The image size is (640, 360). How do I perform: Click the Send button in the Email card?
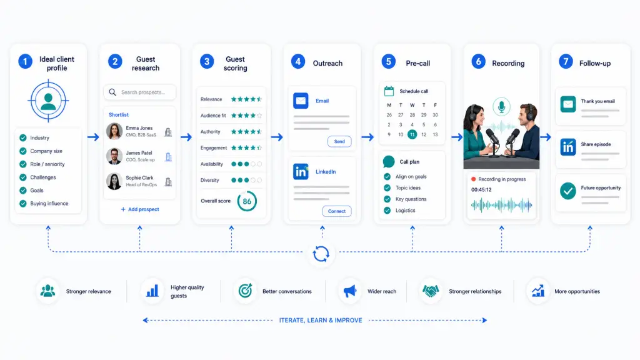coord(339,142)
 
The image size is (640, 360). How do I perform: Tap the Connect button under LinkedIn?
coord(337,211)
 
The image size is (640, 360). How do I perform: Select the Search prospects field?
coord(139,92)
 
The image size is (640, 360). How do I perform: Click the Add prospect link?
coord(139,209)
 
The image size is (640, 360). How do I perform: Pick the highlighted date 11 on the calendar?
coord(412,134)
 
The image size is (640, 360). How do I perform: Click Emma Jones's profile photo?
coord(114,131)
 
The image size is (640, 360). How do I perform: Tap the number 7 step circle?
coord(566,62)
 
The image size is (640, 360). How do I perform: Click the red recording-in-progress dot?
coord(474,179)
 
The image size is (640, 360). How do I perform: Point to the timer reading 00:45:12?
coord(481,190)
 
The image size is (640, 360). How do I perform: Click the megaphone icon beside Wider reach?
coord(350,291)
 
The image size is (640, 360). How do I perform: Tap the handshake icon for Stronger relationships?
coord(430,291)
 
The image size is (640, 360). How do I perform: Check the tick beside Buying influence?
coord(23,203)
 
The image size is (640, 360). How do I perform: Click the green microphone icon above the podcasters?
coord(501,107)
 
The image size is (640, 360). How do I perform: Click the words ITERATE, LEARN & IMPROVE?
coord(321,321)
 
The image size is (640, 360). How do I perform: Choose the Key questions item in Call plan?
coord(411,199)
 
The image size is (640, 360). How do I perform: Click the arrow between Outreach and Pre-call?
coord(367,137)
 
